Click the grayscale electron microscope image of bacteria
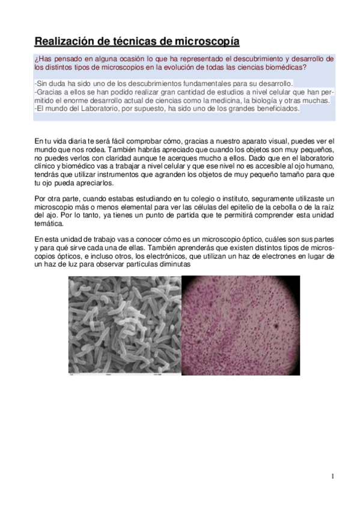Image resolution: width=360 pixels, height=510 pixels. coord(124,325)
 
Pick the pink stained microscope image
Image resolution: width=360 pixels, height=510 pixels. coord(241,325)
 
